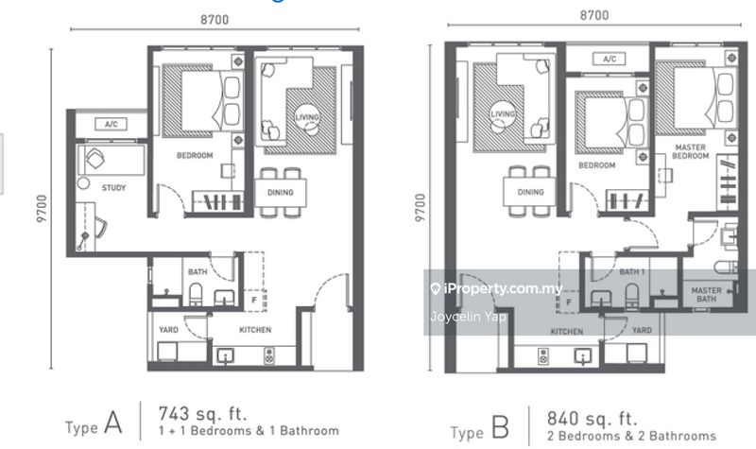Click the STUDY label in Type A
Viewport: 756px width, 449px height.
pyautogui.click(x=113, y=188)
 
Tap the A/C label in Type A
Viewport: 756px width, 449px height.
pyautogui.click(x=111, y=124)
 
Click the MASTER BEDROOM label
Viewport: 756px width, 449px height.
pyautogui.click(x=691, y=151)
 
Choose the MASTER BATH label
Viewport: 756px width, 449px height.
pyautogui.click(x=707, y=295)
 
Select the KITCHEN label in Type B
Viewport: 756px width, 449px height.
pyautogui.click(x=566, y=331)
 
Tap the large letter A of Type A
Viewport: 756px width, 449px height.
pyautogui.click(x=113, y=424)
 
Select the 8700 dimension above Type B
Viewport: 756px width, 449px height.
pyautogui.click(x=593, y=15)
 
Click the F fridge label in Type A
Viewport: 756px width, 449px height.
pyautogui.click(x=252, y=302)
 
